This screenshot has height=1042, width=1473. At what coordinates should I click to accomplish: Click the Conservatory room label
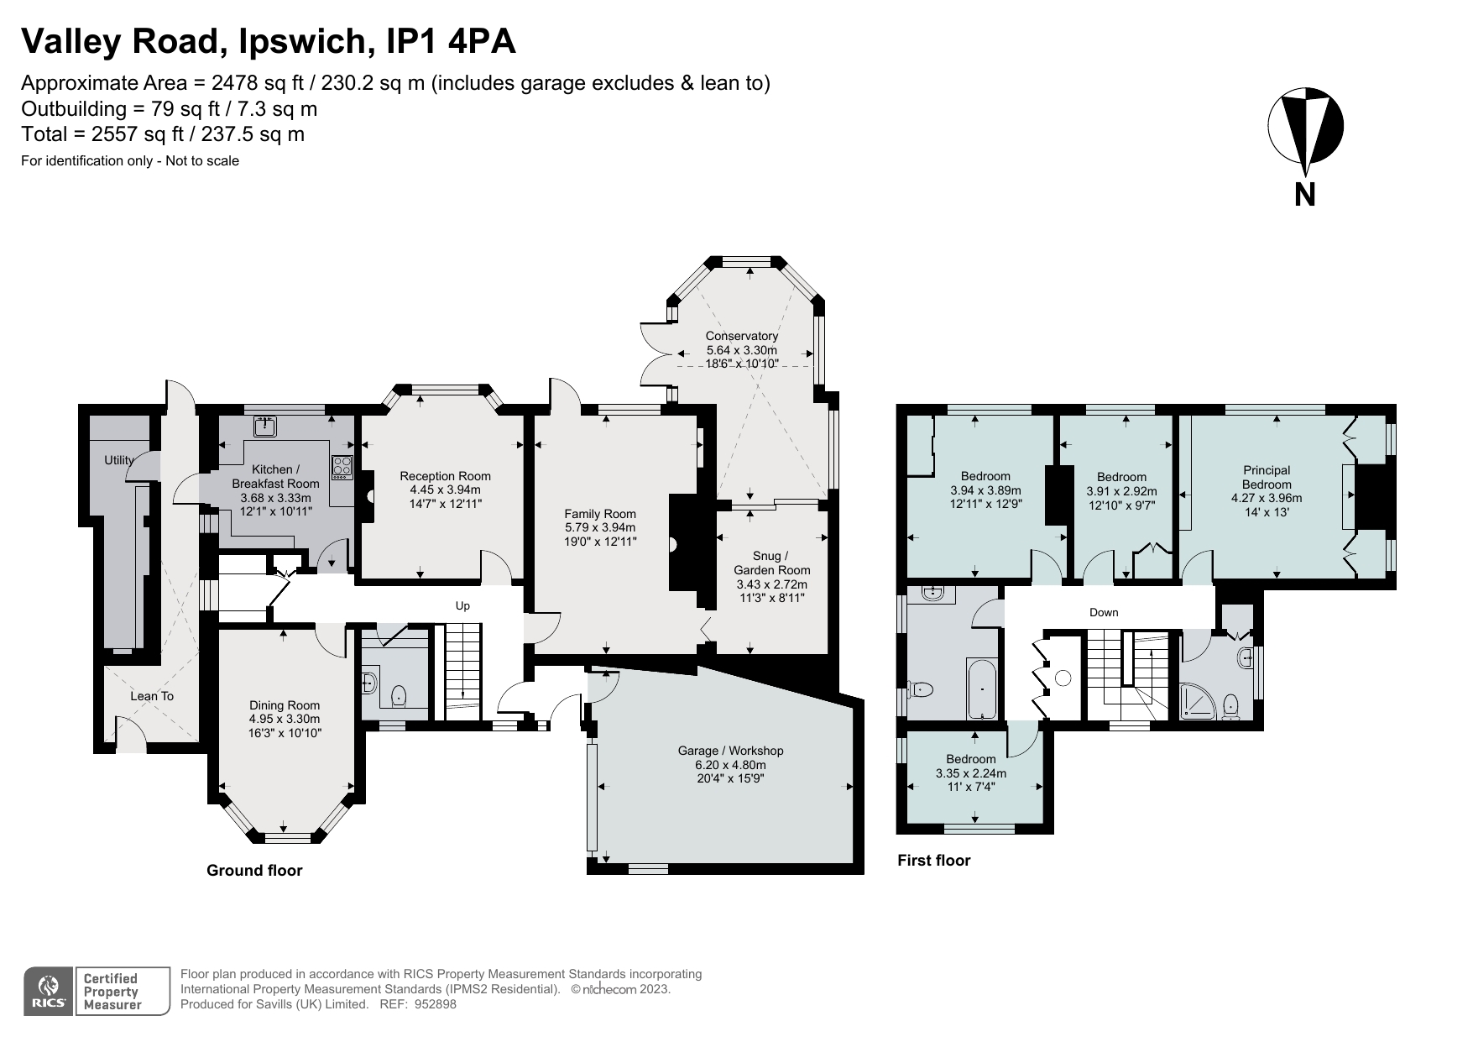[x=741, y=336]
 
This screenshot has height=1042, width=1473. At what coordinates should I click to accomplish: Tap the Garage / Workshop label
[x=730, y=751]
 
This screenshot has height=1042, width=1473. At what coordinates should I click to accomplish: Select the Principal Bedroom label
[x=1267, y=477]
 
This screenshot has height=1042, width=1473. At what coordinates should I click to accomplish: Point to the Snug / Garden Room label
[x=771, y=563]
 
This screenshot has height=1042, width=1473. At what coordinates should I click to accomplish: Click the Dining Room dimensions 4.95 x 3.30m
[x=285, y=720]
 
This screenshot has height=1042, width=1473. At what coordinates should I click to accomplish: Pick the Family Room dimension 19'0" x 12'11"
[x=600, y=542]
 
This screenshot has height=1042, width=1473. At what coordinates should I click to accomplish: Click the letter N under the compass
[x=1304, y=195]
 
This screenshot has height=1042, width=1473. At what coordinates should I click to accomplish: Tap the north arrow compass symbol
[x=1305, y=126]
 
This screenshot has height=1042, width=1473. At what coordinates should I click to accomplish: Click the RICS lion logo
[x=50, y=991]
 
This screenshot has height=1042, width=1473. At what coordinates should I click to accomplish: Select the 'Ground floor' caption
[x=254, y=871]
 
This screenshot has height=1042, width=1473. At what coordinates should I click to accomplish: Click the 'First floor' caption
[x=933, y=861]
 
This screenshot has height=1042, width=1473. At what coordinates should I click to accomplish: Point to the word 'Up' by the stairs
[x=462, y=606]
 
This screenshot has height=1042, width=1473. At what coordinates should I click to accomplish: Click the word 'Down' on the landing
[x=1104, y=612]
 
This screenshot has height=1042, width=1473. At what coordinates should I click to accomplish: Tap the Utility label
[x=119, y=460]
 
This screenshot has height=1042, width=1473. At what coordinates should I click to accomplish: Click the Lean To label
[x=152, y=696]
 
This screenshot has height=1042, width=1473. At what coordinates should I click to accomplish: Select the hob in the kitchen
[x=342, y=467]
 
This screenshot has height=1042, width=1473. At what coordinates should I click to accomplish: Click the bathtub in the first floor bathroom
[x=981, y=688]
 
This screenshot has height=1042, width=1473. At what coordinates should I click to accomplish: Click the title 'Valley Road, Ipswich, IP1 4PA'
[x=269, y=41]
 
